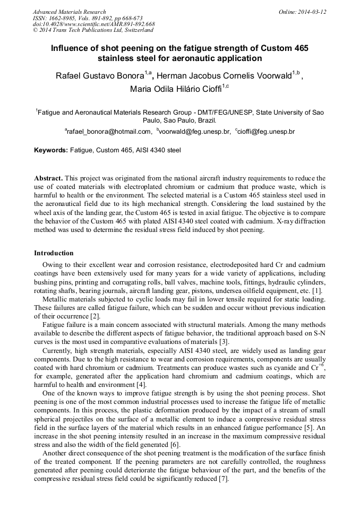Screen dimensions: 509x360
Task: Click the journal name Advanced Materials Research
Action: coord(69,12)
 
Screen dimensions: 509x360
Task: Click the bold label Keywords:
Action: coord(51,151)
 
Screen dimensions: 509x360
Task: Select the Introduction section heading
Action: coord(54,253)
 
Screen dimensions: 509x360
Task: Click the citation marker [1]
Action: coord(316,291)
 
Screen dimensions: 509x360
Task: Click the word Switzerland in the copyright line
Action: coord(135,30)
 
